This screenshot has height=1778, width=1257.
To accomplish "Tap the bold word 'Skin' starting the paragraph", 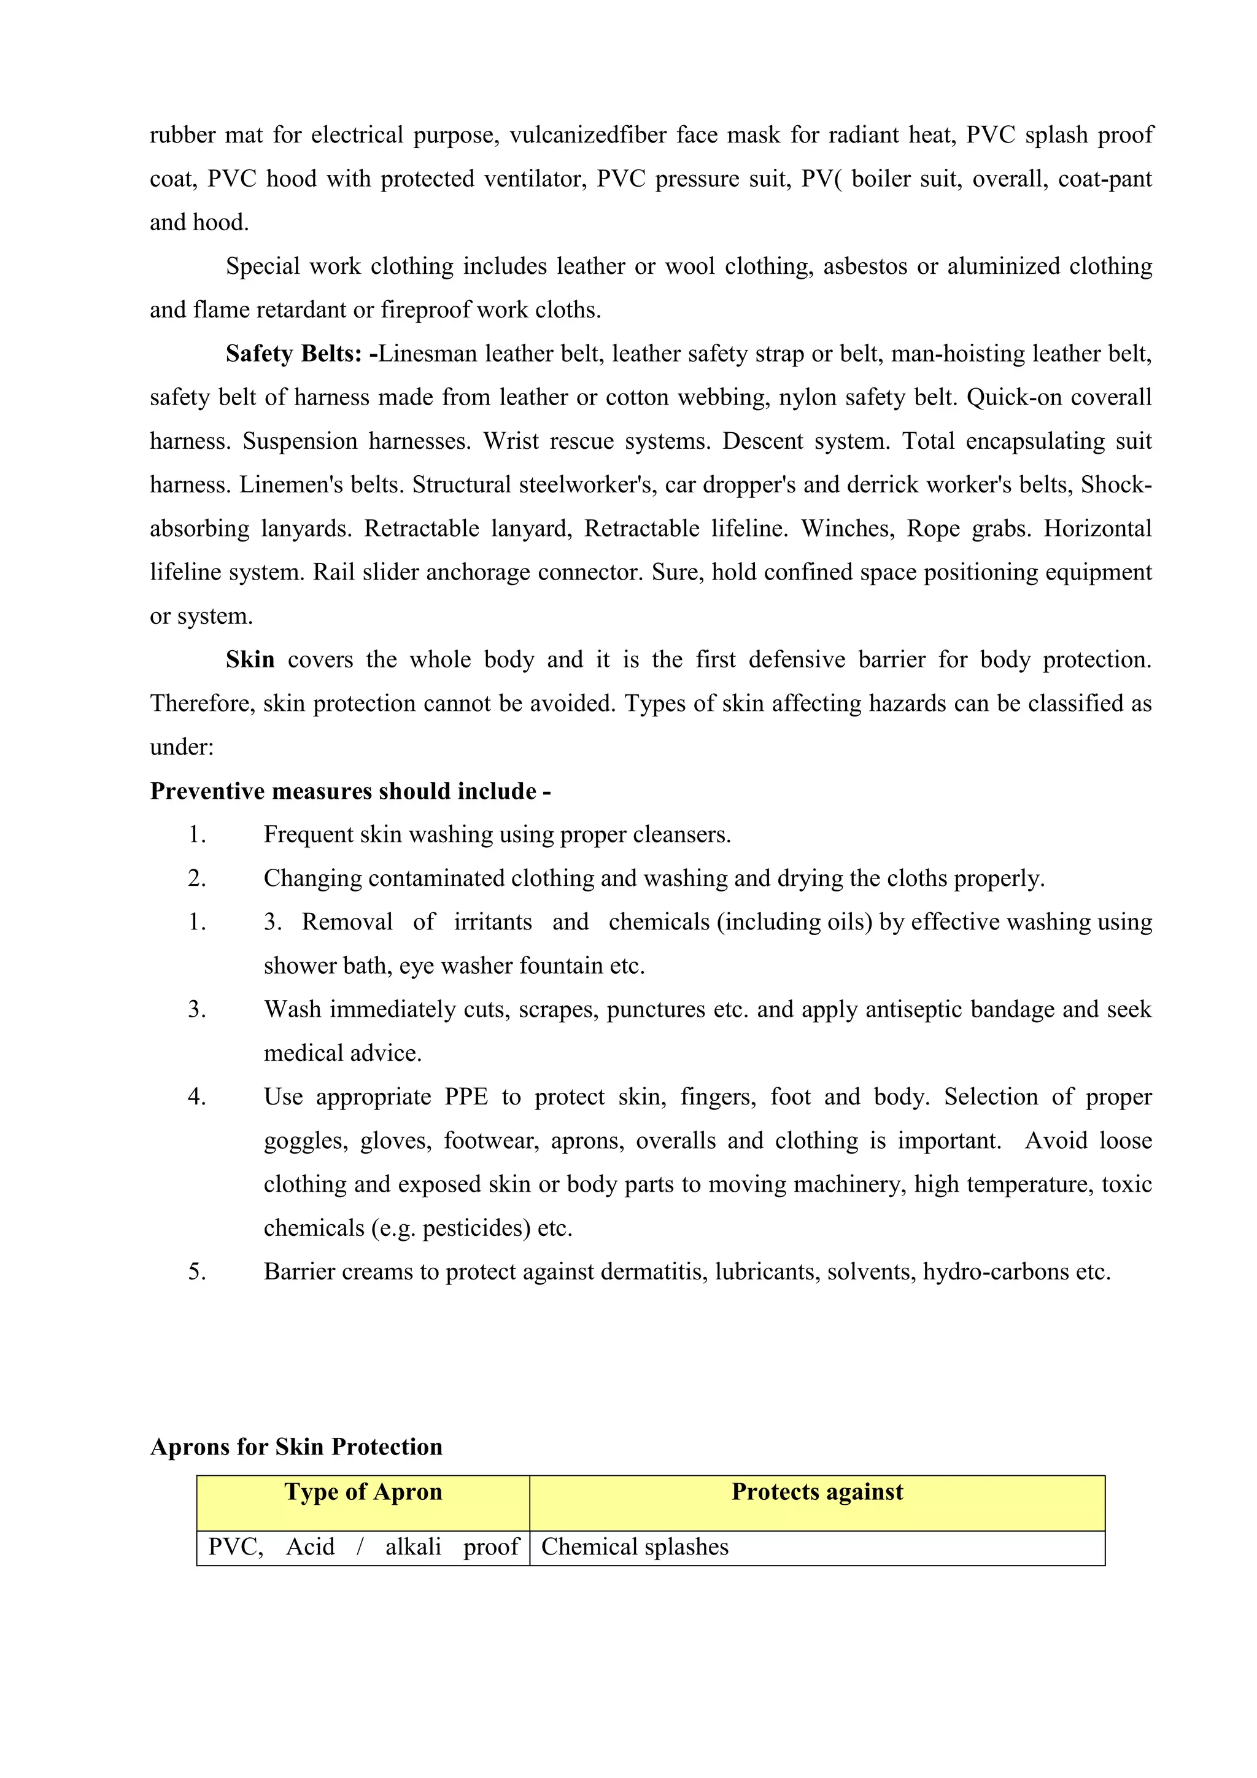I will (x=250, y=660).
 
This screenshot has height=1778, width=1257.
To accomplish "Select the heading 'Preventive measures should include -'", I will (x=350, y=791).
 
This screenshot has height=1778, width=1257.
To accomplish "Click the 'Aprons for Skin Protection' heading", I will (x=296, y=1447).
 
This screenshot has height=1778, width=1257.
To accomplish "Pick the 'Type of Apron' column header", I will (x=363, y=1493).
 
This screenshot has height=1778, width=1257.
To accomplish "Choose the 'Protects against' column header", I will (x=818, y=1493).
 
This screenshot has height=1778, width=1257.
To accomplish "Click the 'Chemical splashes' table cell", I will (x=635, y=1547).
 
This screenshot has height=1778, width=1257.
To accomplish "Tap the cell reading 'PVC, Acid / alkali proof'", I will (x=363, y=1547).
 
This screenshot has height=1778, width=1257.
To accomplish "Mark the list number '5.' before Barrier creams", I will (x=198, y=1272).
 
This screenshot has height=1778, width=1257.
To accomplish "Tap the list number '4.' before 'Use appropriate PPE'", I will (x=198, y=1097).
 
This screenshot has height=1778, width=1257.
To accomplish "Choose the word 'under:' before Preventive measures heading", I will (x=182, y=747).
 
